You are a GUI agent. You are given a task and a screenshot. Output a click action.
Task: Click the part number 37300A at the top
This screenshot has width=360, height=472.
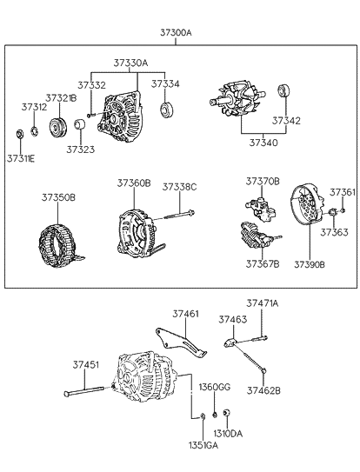(176, 32)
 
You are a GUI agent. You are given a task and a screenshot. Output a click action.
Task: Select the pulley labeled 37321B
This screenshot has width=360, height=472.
(58, 129)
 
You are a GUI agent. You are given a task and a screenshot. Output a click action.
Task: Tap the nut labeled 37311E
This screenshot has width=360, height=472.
(20, 134)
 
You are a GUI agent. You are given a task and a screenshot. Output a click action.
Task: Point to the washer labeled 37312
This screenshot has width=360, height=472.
(34, 131)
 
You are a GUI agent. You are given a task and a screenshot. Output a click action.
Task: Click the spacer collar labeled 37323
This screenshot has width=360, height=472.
(80, 124)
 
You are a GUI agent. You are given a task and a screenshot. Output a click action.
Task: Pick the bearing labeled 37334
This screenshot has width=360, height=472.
(165, 110)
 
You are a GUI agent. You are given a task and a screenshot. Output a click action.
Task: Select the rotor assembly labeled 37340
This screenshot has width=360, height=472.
(237, 98)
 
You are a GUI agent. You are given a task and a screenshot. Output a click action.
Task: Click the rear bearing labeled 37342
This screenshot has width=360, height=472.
(283, 91)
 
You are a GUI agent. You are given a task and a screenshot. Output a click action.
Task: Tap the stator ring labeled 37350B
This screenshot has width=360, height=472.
(60, 245)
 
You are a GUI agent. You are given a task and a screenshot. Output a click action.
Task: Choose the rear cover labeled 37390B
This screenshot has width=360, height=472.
(308, 205)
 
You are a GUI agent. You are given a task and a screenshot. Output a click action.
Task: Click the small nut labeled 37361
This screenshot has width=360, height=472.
(343, 210)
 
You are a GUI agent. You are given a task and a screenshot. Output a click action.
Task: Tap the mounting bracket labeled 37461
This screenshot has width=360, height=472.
(181, 344)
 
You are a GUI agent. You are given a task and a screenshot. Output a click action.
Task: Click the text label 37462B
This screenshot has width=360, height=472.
(263, 390)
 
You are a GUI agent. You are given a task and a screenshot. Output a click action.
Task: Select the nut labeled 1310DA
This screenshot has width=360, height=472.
(227, 413)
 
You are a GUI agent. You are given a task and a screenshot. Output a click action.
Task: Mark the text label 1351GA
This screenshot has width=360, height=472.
(203, 445)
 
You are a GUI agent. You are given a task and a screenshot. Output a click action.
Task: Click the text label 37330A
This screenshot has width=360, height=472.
(130, 63)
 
